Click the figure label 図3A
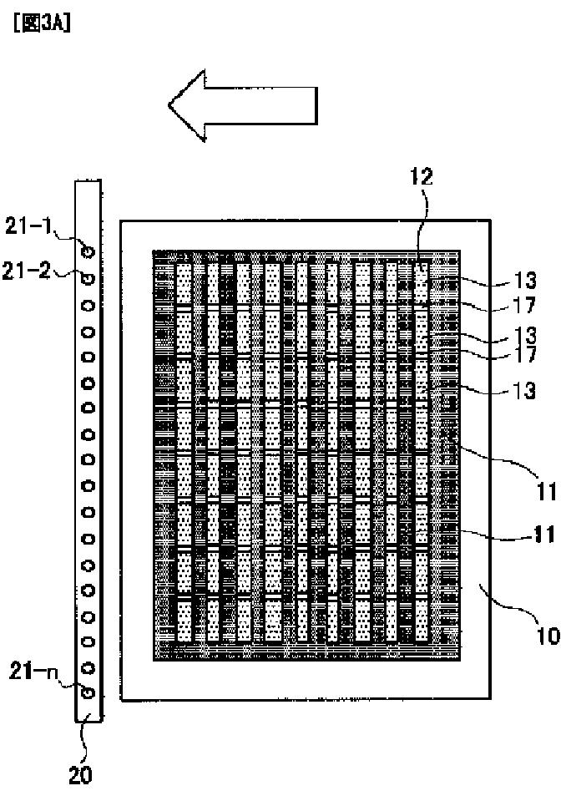pyautogui.click(x=40, y=23)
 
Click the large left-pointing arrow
pyautogui.click(x=244, y=104)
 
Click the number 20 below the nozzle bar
pyautogui.click(x=80, y=775)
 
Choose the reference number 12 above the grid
pyautogui.click(x=422, y=176)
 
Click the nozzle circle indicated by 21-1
pyautogui.click(x=88, y=249)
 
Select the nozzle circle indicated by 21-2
pyautogui.click(x=88, y=276)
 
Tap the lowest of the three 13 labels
pyautogui.click(x=524, y=393)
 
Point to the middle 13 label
pyautogui.click(x=524, y=335)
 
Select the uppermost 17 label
pyautogui.click(x=524, y=307)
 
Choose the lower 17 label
pyautogui.click(x=524, y=354)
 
